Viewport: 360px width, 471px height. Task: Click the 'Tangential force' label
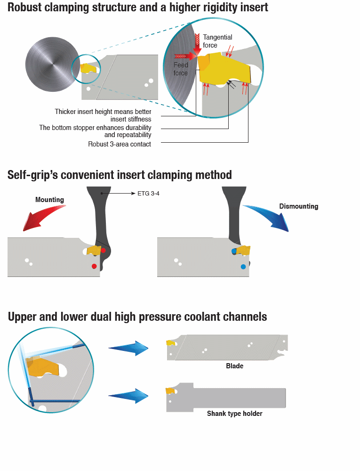[217, 41]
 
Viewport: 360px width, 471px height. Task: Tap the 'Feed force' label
[181, 69]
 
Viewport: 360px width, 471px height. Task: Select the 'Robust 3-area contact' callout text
[120, 144]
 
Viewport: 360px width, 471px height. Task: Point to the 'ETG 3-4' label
[149, 193]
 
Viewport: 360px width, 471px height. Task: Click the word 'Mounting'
[49, 200]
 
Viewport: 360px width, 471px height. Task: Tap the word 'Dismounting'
[298, 206]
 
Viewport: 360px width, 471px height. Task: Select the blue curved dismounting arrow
[268, 217]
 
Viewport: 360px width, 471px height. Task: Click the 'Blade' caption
[234, 366]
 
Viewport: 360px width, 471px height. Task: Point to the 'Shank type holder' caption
[234, 414]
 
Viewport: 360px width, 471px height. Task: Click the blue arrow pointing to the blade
[128, 348]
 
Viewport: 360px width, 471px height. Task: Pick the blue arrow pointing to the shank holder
[128, 396]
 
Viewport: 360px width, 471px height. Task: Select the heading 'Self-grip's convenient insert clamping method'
[120, 175]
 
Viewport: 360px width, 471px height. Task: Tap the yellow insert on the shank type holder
[170, 390]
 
